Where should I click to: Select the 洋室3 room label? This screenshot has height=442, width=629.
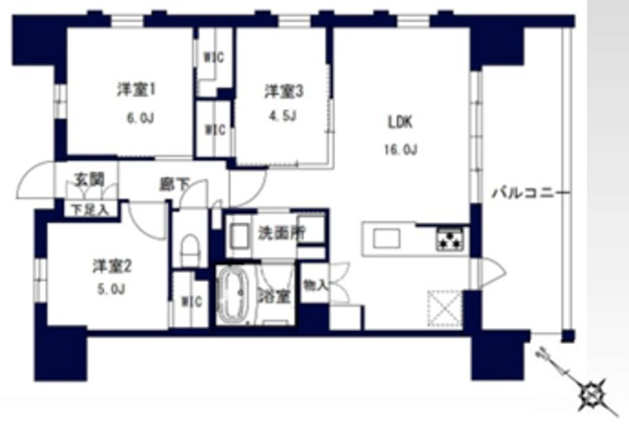283,91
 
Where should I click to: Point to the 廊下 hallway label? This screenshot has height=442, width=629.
173,184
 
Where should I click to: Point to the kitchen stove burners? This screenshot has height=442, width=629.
450,238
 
